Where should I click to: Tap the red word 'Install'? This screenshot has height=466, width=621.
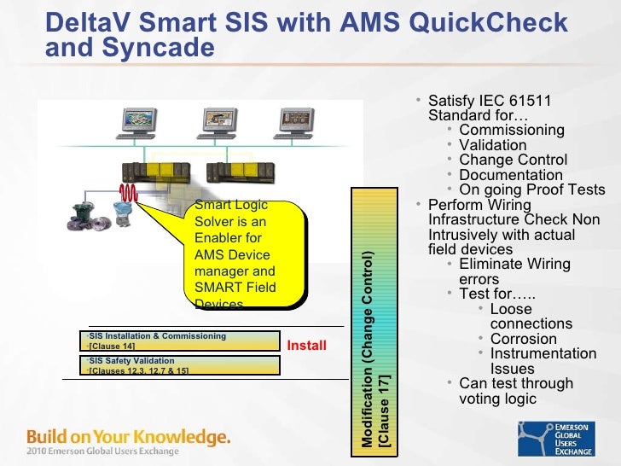(x=306, y=346)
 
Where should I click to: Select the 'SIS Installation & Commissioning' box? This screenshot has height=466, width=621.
(x=180, y=341)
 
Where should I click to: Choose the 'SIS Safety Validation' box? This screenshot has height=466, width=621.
(x=180, y=365)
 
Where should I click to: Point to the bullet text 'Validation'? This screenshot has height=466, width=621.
(x=492, y=145)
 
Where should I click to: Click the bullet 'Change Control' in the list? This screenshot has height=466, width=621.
(x=513, y=160)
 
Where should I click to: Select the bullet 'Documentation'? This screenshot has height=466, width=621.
(x=511, y=175)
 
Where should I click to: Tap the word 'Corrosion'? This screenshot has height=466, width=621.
(x=523, y=339)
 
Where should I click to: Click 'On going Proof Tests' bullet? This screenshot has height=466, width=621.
(x=531, y=190)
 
